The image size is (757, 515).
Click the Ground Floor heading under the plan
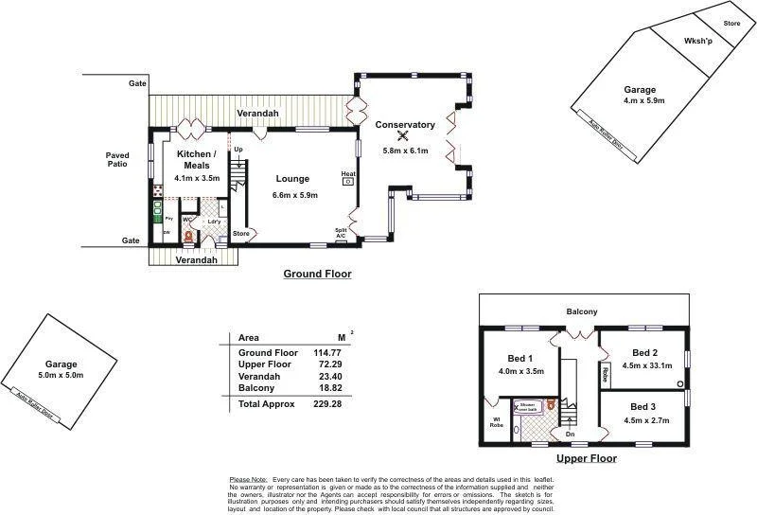click(x=317, y=274)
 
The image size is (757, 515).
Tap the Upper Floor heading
click(x=586, y=458)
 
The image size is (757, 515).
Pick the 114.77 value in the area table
click(x=327, y=352)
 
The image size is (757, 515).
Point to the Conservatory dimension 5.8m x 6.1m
click(x=404, y=151)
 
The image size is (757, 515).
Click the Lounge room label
click(x=293, y=178)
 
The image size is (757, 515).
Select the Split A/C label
click(x=341, y=232)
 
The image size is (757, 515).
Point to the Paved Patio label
click(x=117, y=160)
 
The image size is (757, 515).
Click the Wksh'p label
click(x=699, y=42)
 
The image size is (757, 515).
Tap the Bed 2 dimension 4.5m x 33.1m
click(x=646, y=365)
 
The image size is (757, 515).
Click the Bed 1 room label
click(x=520, y=358)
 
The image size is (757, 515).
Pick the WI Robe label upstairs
click(x=495, y=423)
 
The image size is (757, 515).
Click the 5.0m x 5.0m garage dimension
click(x=61, y=376)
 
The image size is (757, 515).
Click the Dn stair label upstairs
click(x=570, y=434)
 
